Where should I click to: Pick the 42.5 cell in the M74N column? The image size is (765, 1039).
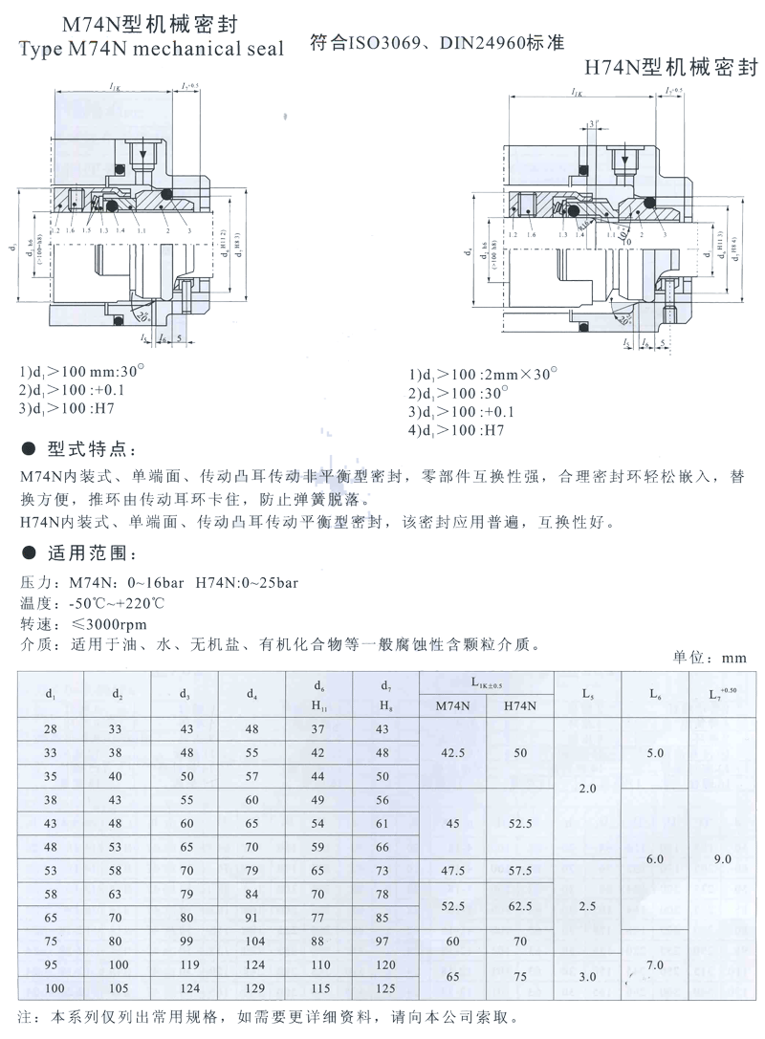point(453,752)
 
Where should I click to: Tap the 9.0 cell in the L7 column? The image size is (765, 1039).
point(721,859)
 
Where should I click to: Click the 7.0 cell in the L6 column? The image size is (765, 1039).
point(654,965)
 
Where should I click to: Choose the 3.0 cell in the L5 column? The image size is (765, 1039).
point(587,977)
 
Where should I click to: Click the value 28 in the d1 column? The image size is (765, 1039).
point(50,729)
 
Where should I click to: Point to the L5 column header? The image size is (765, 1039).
point(587,694)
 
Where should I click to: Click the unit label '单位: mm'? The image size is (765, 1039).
point(709,658)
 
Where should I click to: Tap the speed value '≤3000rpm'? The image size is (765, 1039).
point(106,623)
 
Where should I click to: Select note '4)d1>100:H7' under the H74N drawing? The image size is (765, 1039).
point(456,430)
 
